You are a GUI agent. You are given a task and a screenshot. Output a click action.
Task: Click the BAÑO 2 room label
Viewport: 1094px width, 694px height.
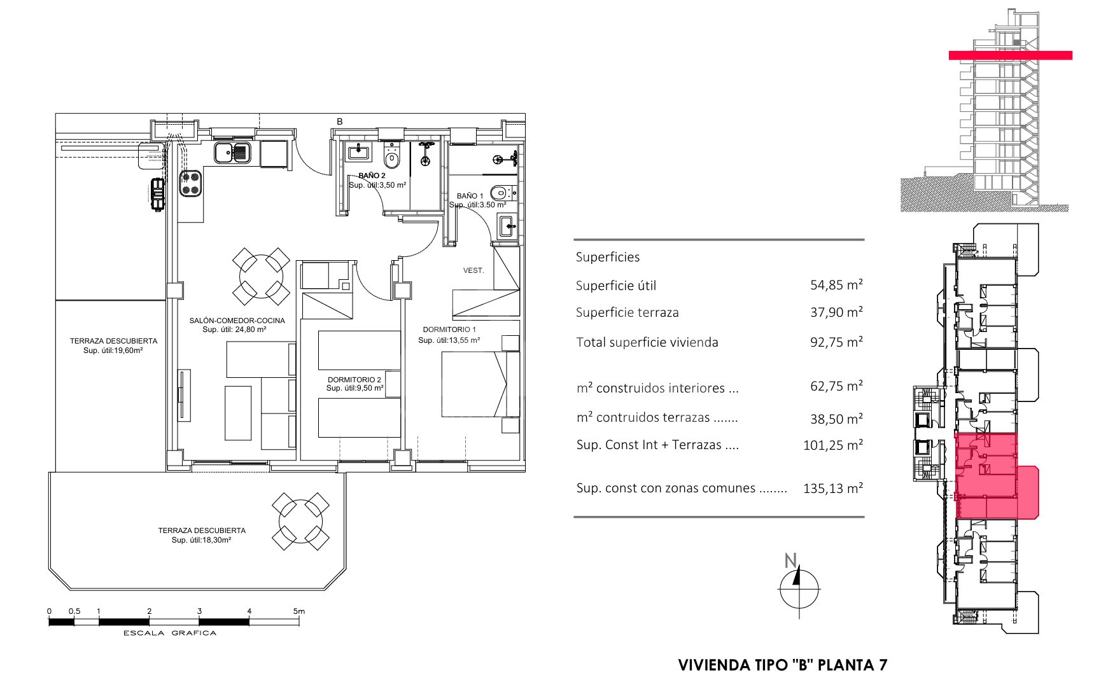(372, 176)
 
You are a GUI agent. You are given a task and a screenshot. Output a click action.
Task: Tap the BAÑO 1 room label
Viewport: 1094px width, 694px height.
(470, 196)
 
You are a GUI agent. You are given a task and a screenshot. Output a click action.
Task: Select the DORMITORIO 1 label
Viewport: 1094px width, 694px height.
(449, 330)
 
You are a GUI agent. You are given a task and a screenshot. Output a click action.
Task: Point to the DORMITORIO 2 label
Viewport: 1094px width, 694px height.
(354, 380)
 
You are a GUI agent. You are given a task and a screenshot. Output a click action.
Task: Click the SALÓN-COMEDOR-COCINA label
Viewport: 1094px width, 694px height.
(237, 321)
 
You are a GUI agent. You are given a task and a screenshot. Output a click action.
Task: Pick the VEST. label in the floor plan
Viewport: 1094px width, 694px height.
(473, 270)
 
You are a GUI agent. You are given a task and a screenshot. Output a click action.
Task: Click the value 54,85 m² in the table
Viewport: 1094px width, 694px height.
(836, 285)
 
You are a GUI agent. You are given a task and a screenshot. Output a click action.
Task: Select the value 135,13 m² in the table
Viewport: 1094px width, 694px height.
(833, 488)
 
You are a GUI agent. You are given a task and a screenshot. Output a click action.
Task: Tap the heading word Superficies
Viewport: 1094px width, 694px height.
(608, 258)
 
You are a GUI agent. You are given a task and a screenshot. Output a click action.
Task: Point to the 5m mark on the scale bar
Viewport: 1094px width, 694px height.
(299, 611)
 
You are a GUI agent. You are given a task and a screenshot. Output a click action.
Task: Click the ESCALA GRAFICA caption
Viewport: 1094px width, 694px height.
(170, 633)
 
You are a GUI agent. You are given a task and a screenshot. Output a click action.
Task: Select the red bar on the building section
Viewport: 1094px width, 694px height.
(1010, 55)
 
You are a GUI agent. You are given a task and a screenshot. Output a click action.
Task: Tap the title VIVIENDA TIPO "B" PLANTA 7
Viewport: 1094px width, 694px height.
(783, 665)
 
